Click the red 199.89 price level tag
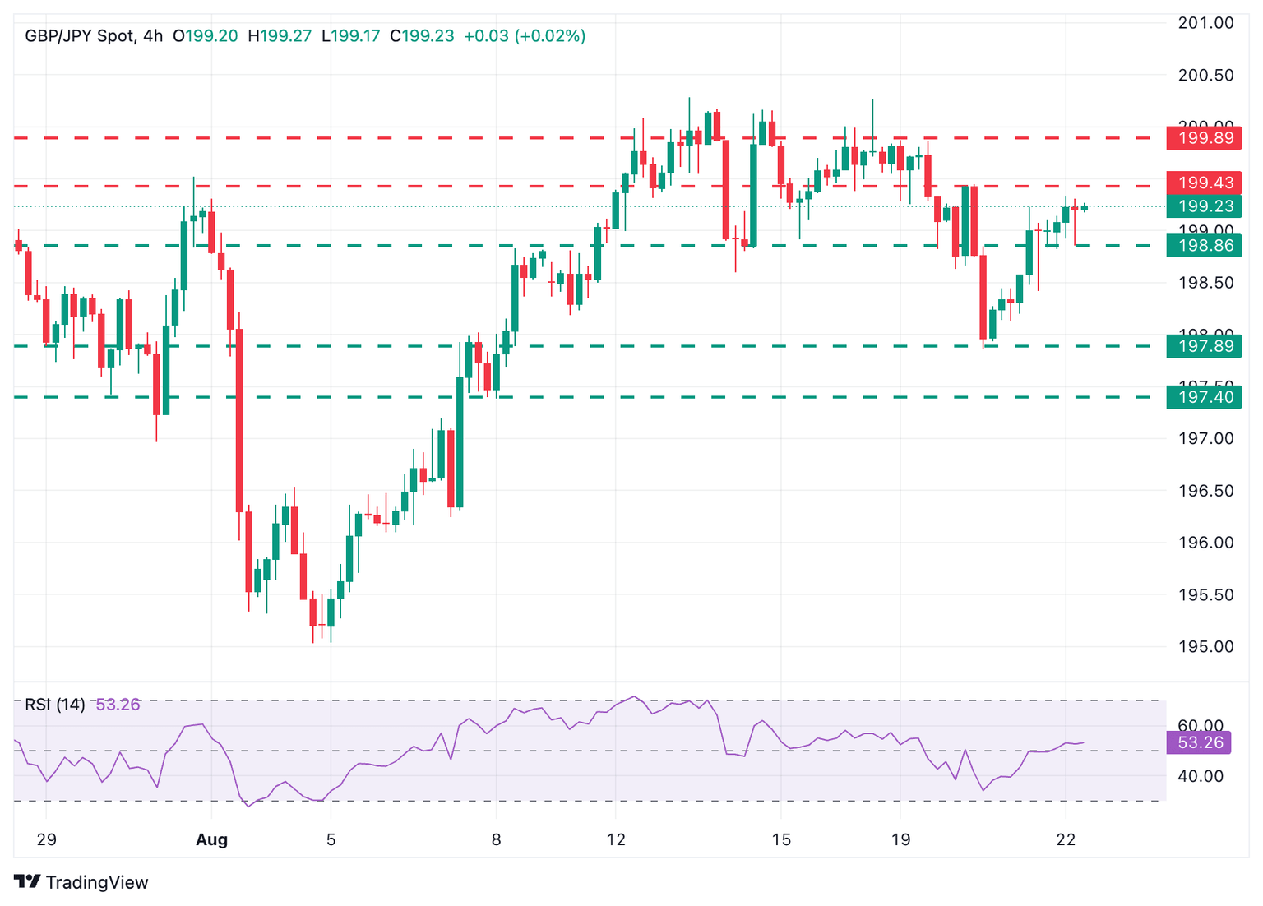pos(1204,138)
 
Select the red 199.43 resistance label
pos(1204,183)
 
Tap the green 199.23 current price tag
pos(1204,206)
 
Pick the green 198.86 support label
pos(1204,246)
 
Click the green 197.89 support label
pos(1204,346)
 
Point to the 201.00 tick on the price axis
pos(1205,23)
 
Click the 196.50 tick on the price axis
pos(1205,491)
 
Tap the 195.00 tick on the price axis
pos(1205,647)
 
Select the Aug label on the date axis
pos(211,839)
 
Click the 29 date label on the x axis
pos(46,839)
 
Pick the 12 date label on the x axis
pos(616,839)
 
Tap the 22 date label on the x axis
pos(1066,839)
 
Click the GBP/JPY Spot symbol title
pos(80,36)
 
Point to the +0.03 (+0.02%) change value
pos(525,36)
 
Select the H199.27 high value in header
pos(280,36)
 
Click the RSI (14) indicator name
pos(55,705)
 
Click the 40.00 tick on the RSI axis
pos(1201,776)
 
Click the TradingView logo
pos(81,882)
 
